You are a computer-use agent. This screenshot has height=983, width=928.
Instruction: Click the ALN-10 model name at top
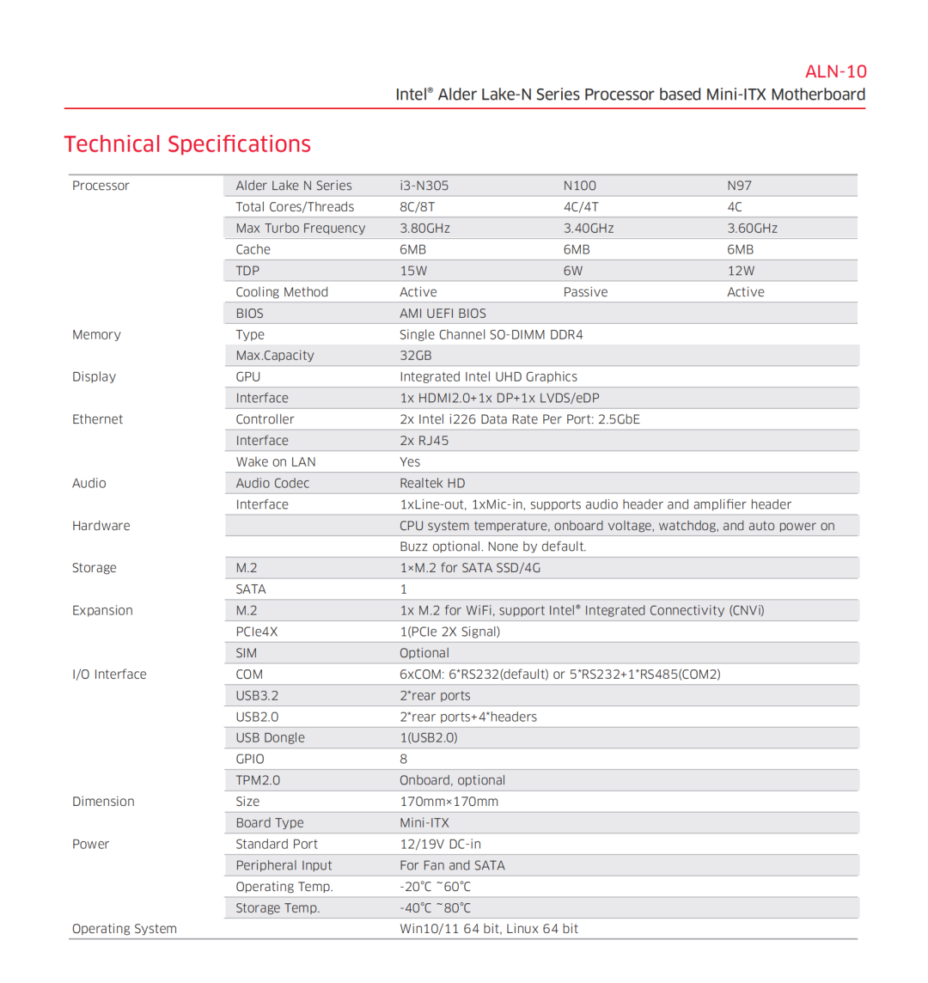[835, 71]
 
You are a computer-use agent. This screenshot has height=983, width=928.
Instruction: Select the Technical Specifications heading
[187, 144]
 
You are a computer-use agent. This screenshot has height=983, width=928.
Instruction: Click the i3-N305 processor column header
[424, 186]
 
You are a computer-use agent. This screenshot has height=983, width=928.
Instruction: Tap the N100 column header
[579, 186]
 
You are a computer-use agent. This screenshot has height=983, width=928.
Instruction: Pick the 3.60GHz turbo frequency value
[752, 229]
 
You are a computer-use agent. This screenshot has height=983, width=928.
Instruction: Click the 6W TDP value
[573, 271]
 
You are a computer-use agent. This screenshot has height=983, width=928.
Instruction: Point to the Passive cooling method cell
[585, 292]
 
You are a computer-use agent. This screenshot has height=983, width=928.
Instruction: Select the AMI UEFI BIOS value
[443, 314]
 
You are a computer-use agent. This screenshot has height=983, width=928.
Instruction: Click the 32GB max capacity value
[416, 356]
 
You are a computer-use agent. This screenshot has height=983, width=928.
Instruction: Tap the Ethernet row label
[97, 419]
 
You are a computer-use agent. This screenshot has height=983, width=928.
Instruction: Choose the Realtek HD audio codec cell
[432, 484]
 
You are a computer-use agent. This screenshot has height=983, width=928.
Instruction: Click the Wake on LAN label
[276, 462]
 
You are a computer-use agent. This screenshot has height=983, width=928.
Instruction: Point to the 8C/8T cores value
[418, 207]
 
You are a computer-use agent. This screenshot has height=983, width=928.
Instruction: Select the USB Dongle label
[270, 738]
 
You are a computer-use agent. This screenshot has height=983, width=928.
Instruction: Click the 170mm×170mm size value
[449, 802]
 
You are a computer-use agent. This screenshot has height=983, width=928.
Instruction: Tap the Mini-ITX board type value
[424, 823]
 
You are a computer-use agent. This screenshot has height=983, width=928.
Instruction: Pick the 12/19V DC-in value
[440, 845]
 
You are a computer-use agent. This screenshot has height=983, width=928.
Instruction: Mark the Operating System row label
[125, 929]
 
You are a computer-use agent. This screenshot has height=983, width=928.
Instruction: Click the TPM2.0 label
[258, 780]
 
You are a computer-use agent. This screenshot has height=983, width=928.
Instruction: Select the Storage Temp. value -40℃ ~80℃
[435, 908]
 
